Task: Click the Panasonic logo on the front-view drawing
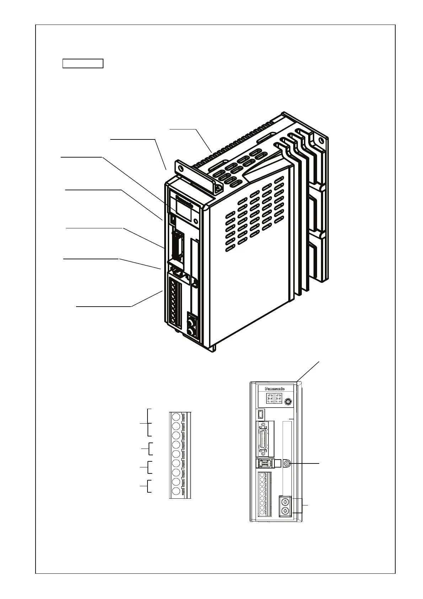pyautogui.click(x=275, y=389)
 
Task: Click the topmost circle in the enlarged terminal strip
pyautogui.click(x=176, y=417)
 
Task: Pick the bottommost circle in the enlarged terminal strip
pyautogui.click(x=176, y=491)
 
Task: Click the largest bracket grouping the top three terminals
pyautogui.click(x=149, y=423)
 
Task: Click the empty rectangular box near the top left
pyautogui.click(x=83, y=64)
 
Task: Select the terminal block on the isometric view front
pyautogui.click(x=174, y=302)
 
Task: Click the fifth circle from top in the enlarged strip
pyautogui.click(x=176, y=454)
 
